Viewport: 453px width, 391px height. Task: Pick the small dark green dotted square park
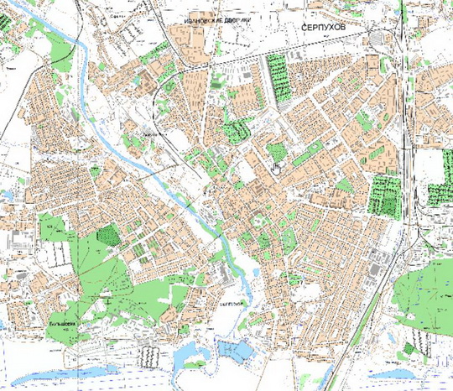(107, 235)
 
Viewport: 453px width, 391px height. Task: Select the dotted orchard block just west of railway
(385, 193)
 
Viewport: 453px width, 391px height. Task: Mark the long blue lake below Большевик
(84, 369)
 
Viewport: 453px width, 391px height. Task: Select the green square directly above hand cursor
(275, 151)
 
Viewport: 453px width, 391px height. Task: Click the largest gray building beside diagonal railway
(373, 269)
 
